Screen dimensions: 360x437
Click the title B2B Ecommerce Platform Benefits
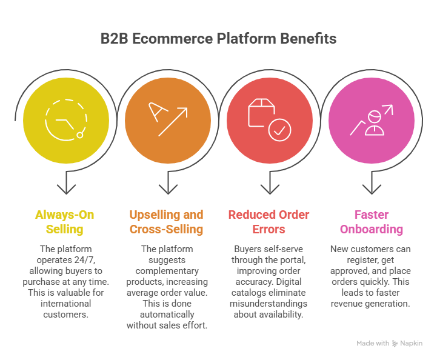click(x=218, y=39)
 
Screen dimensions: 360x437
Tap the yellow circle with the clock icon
click(x=66, y=121)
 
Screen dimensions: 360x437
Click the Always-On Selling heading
click(x=65, y=222)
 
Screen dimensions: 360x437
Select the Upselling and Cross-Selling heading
click(x=166, y=222)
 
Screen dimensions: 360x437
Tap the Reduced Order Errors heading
click(x=269, y=222)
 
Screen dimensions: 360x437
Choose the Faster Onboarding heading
click(x=371, y=222)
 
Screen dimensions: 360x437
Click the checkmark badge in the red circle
click(x=279, y=130)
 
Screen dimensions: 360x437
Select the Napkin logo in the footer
click(x=395, y=343)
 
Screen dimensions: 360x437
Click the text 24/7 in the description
click(x=95, y=259)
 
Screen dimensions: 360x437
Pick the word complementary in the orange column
click(x=167, y=270)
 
